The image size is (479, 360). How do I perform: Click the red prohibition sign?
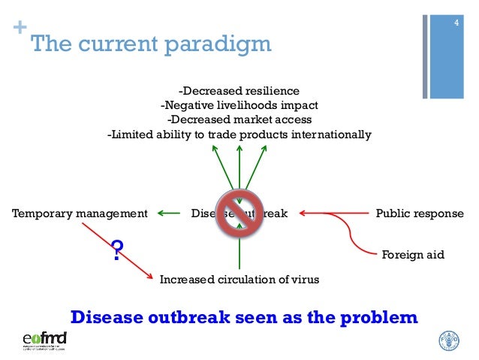[239, 213]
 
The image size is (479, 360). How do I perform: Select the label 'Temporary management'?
[80, 213]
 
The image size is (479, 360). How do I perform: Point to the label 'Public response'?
[419, 213]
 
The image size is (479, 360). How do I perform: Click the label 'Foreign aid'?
[414, 255]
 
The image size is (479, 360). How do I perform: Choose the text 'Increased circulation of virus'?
[239, 280]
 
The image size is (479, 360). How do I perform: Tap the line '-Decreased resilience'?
[239, 91]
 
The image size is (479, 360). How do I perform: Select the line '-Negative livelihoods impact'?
[239, 105]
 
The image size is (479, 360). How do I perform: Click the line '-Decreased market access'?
[239, 120]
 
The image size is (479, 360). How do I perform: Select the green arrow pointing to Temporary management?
[168, 213]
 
